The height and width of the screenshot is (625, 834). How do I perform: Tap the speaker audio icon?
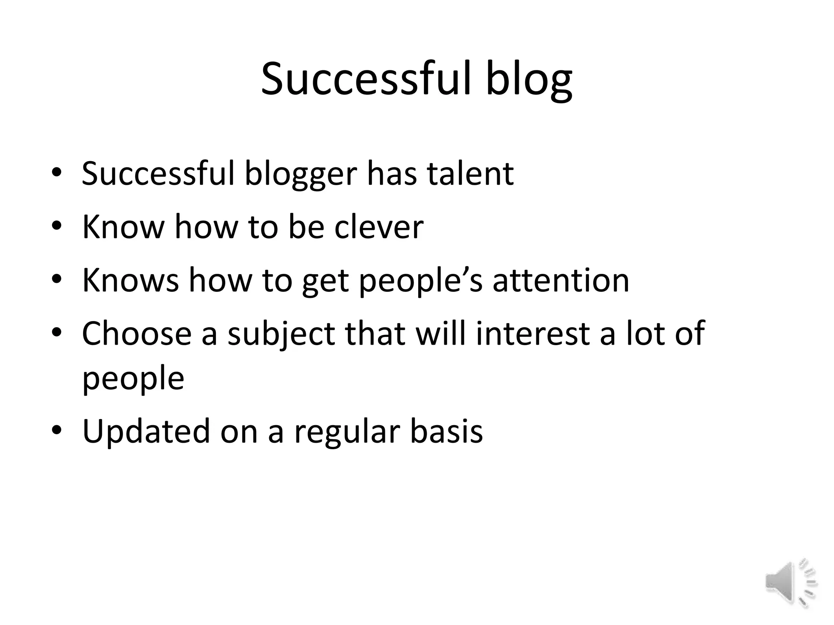pos(790,583)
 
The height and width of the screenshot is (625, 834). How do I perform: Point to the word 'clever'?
pos(379,227)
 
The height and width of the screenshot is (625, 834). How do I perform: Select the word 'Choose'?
pos(136,333)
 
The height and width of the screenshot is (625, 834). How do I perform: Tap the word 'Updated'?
pos(146,431)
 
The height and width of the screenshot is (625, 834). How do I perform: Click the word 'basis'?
pos(446,431)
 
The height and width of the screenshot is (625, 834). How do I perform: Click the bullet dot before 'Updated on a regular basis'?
pos(57,430)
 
